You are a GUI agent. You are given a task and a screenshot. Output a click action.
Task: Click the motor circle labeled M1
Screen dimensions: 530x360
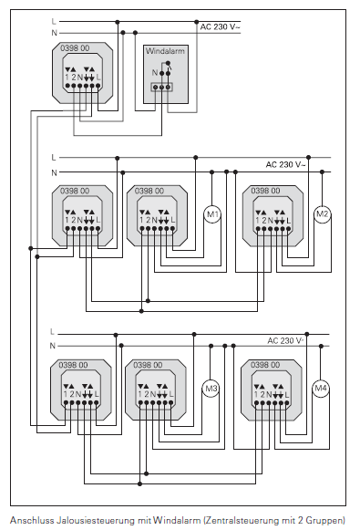[211, 215]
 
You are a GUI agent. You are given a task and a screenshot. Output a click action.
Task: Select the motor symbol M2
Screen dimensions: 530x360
[322, 215]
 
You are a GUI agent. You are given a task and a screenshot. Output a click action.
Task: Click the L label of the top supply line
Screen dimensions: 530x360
[55, 19]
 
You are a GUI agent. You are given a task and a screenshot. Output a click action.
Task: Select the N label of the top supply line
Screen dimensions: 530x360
[55, 32]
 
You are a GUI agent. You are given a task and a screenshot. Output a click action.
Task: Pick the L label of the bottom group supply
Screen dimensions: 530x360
[54, 331]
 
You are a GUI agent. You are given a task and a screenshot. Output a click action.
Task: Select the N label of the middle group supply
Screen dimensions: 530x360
[54, 171]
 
